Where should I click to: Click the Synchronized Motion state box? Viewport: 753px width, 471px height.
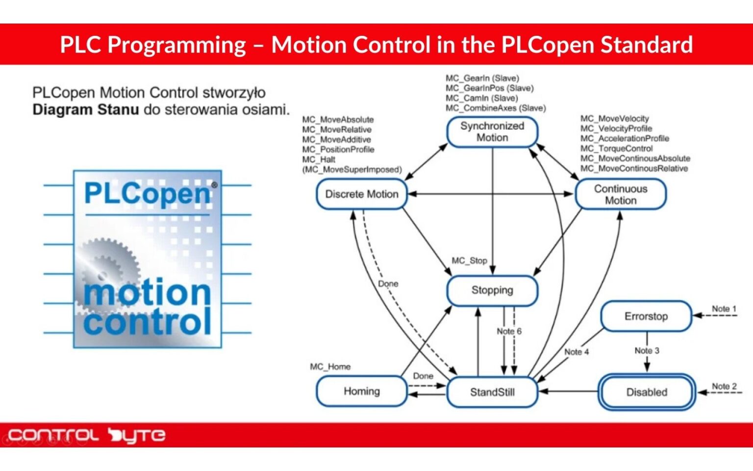click(x=492, y=132)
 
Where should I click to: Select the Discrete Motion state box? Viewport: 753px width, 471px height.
click(x=362, y=194)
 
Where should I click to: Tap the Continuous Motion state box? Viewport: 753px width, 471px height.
click(x=620, y=194)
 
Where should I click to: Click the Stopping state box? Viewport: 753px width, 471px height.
click(x=492, y=290)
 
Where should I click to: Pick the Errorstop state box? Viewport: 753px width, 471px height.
click(x=646, y=316)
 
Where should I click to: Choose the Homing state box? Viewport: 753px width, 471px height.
click(x=362, y=392)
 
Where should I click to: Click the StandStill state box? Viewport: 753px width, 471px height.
click(x=492, y=392)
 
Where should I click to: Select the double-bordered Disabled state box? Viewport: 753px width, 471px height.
click(x=646, y=392)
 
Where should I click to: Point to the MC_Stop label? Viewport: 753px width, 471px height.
click(x=469, y=261)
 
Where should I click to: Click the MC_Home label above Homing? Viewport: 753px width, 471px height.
click(x=330, y=366)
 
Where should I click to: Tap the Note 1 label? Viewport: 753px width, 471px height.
click(x=724, y=309)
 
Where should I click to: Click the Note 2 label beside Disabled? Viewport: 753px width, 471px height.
click(x=724, y=386)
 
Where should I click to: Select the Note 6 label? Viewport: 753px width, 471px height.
click(x=509, y=331)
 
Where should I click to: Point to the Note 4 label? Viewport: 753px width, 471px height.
click(x=576, y=352)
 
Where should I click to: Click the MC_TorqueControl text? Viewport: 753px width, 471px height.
click(x=616, y=148)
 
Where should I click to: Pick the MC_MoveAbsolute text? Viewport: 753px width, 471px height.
click(x=338, y=119)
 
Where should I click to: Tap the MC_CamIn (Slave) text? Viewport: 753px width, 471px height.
click(x=481, y=98)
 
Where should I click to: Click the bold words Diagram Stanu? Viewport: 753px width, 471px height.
click(x=86, y=109)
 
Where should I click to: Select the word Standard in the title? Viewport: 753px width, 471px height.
click(x=647, y=45)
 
